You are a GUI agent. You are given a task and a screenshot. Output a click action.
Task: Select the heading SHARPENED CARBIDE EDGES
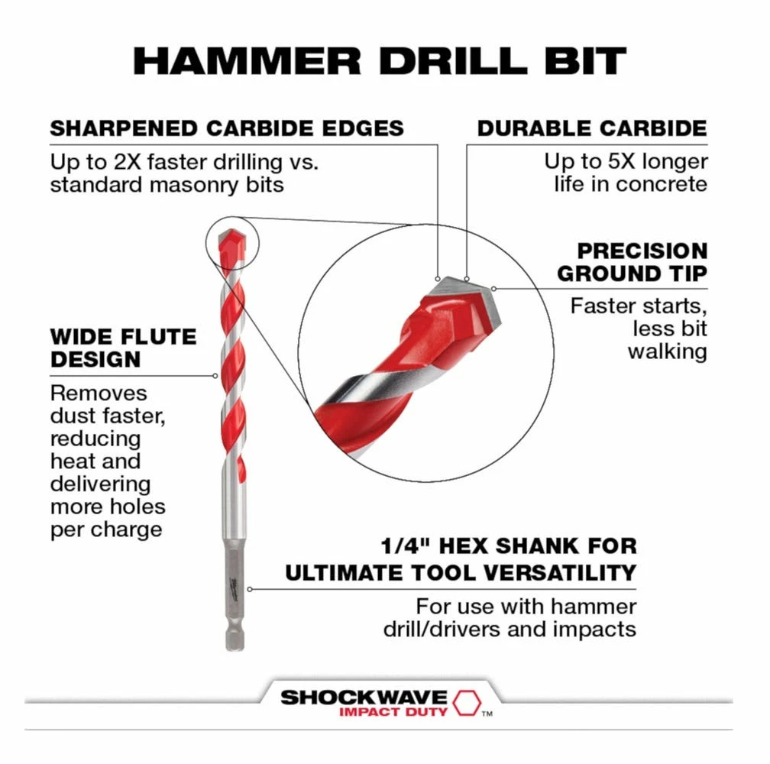pos(227,128)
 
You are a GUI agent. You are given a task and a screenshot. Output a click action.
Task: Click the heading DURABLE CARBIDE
pos(592,128)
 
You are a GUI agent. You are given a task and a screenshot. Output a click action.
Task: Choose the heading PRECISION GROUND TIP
pos(632,262)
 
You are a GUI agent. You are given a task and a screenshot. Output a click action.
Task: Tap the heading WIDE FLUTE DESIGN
pos(123,348)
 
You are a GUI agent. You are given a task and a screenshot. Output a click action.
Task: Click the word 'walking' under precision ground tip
pos(668,351)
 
